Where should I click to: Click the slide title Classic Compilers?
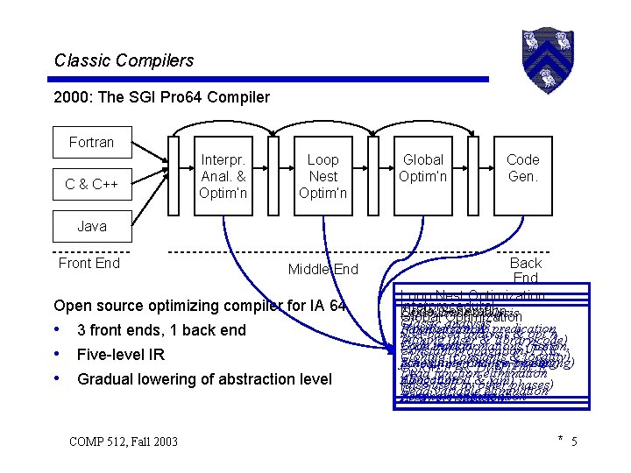pyautogui.click(x=124, y=60)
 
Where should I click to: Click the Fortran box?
pyautogui.click(x=92, y=142)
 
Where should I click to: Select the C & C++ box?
pyautogui.click(x=92, y=184)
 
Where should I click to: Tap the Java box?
pyautogui.click(x=92, y=226)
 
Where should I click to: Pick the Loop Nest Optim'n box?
pyautogui.click(x=323, y=176)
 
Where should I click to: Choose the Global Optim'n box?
pyautogui.click(x=423, y=167)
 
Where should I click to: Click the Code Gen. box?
pyautogui.click(x=522, y=167)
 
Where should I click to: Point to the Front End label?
pyautogui.click(x=89, y=262)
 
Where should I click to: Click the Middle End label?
pyautogui.click(x=323, y=269)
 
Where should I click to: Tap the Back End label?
pyautogui.click(x=526, y=270)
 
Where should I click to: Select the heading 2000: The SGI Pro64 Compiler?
pyautogui.click(x=162, y=97)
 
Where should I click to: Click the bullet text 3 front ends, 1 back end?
pyautogui.click(x=161, y=330)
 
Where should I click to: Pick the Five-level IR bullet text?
pyautogui.click(x=121, y=355)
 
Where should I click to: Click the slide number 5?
pyautogui.click(x=574, y=441)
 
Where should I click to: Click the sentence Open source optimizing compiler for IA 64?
pyautogui.click(x=200, y=307)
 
